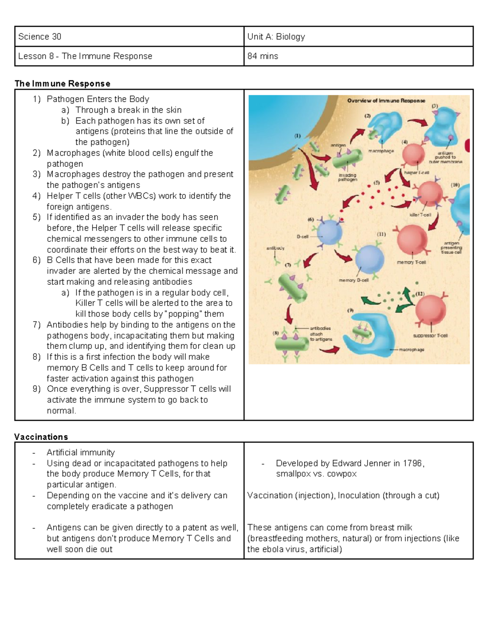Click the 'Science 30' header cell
pyautogui.click(x=40, y=37)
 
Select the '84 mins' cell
pyautogui.click(x=263, y=56)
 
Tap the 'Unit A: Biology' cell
pyautogui.click(x=276, y=37)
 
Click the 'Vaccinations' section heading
pyautogui.click(x=41, y=437)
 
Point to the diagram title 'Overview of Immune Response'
pyautogui.click(x=386, y=101)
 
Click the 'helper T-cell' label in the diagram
pyautogui.click(x=416, y=172)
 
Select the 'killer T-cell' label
pyautogui.click(x=420, y=215)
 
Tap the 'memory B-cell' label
pyautogui.click(x=353, y=280)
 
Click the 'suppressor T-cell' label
pyautogui.click(x=430, y=335)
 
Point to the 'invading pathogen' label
pyautogui.click(x=347, y=177)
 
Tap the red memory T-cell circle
pyautogui.click(x=412, y=239)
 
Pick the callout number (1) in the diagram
pyautogui.click(x=297, y=136)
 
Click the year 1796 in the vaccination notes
pyautogui.click(x=412, y=463)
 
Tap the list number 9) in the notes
pyautogui.click(x=37, y=389)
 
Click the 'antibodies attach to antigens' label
pyautogui.click(x=321, y=333)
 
